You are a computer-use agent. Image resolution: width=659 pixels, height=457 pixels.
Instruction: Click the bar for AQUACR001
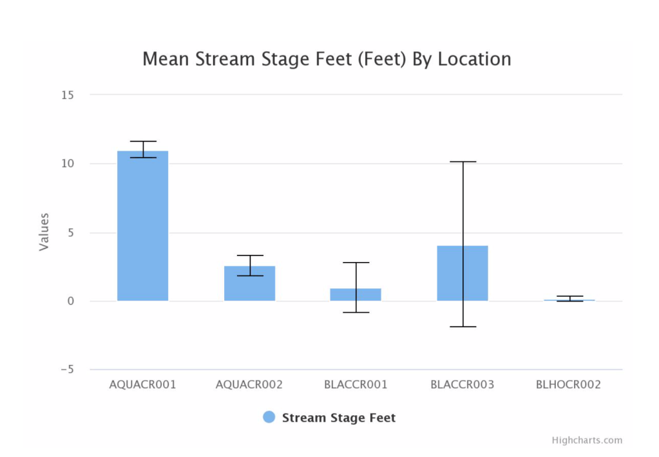[x=142, y=225]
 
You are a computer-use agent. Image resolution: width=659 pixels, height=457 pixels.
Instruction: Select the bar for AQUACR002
[x=249, y=283]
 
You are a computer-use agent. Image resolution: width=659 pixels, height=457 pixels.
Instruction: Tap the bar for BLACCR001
[x=356, y=294]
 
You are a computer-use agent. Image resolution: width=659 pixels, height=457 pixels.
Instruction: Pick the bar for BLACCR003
[x=463, y=273]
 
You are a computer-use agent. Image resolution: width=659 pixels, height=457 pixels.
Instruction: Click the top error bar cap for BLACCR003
[x=463, y=162]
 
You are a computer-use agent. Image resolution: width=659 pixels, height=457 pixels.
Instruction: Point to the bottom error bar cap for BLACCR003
[x=463, y=327]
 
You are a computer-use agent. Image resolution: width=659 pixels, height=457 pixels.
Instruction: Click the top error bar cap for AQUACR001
[x=142, y=141]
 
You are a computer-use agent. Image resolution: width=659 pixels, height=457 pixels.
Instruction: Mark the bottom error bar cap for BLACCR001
[x=356, y=312]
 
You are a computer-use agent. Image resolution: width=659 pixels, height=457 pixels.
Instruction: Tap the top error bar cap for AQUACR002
[x=249, y=256]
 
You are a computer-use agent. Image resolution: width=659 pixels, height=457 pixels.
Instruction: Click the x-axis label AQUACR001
[x=142, y=385]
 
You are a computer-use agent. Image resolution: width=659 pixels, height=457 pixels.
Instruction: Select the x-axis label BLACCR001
[x=356, y=385]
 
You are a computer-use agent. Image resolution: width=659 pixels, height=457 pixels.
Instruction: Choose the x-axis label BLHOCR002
[x=568, y=385]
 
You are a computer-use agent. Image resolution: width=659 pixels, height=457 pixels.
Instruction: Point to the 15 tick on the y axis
[x=67, y=95]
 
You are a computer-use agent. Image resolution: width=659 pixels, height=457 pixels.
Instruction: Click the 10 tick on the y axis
[x=67, y=163]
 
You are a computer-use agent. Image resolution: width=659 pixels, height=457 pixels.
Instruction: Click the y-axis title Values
[x=44, y=232]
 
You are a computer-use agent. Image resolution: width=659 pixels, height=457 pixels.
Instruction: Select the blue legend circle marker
[x=269, y=417]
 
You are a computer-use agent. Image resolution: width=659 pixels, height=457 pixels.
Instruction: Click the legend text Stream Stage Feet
[x=339, y=418]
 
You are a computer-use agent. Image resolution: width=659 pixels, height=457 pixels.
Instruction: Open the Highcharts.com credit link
[x=587, y=440]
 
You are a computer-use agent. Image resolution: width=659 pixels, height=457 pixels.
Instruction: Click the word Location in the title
[x=474, y=59]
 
